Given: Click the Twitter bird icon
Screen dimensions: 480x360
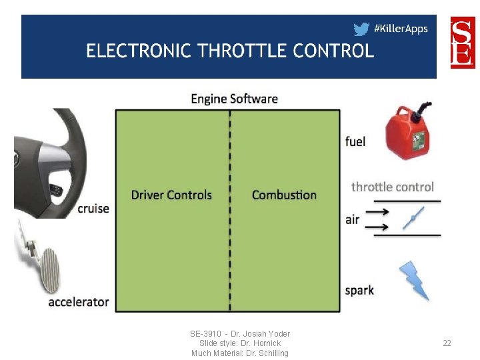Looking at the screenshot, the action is [x=361, y=29].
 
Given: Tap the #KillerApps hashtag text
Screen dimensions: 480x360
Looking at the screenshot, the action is [x=401, y=29].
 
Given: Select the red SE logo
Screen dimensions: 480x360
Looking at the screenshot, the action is [x=463, y=42].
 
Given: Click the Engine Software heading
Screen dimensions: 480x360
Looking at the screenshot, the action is [x=234, y=99].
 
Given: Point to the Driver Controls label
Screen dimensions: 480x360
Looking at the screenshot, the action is [x=171, y=195].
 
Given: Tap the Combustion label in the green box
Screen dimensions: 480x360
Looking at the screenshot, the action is [x=284, y=195].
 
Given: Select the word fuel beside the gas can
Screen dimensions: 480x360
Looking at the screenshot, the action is [x=355, y=141].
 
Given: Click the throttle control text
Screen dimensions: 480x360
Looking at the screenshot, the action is [x=393, y=187].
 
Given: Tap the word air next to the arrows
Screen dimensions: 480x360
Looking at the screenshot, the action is [x=353, y=219].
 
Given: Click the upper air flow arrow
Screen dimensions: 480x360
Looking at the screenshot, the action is [x=378, y=213].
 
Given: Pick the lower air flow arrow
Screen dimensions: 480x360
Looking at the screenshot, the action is [x=378, y=227].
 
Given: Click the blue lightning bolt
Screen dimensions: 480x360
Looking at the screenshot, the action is [x=413, y=281].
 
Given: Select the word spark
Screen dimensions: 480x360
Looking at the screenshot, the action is [x=359, y=290].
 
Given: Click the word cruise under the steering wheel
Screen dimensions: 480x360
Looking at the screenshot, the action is [x=93, y=208].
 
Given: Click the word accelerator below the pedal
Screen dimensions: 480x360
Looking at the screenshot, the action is [x=79, y=302].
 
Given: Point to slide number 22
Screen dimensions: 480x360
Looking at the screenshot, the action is [x=447, y=343].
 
